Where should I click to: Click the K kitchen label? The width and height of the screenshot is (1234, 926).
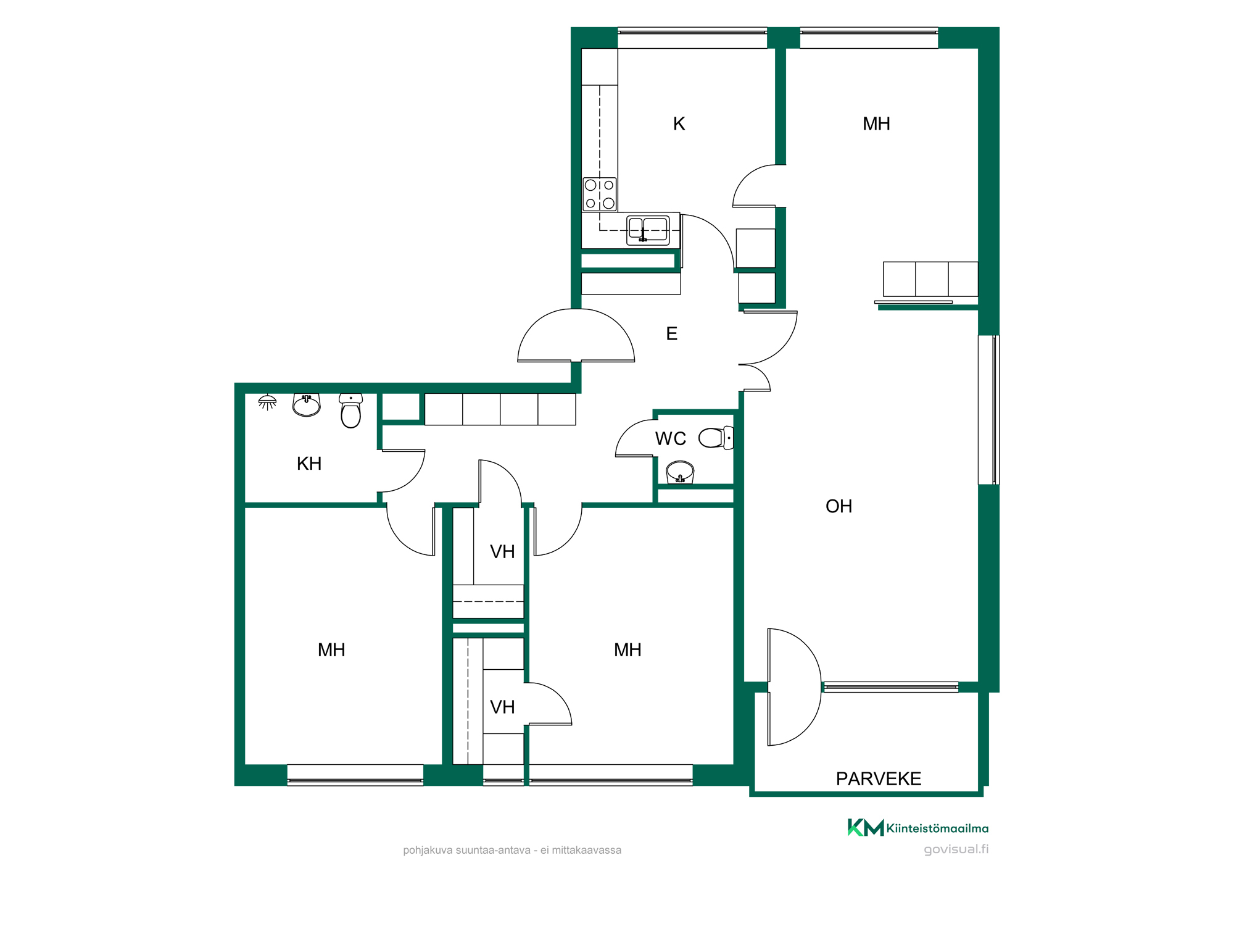679,124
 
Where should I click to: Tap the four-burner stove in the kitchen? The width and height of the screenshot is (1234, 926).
600,194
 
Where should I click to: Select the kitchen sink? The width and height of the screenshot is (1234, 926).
648,230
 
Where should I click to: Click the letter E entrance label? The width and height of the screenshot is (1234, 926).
672,334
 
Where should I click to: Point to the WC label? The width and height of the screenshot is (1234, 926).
671,439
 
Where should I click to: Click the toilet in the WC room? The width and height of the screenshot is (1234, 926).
716,438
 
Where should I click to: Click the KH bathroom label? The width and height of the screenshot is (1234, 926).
309,464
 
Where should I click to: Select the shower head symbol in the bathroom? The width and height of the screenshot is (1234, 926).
267,403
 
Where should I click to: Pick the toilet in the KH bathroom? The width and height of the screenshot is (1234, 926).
350,411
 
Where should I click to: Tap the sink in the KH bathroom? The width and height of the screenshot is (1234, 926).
307,406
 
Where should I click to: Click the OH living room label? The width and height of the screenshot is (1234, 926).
839,507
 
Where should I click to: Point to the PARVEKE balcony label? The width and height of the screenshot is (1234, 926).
879,779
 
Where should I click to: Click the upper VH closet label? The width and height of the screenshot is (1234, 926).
502,552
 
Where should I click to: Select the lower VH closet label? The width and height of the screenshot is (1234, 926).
502,707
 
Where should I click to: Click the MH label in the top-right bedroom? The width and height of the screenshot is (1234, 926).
876,124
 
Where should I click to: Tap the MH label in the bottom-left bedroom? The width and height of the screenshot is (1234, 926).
331,650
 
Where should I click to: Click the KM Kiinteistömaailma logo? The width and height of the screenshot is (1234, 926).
918,828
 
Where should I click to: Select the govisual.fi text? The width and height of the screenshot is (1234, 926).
956,849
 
